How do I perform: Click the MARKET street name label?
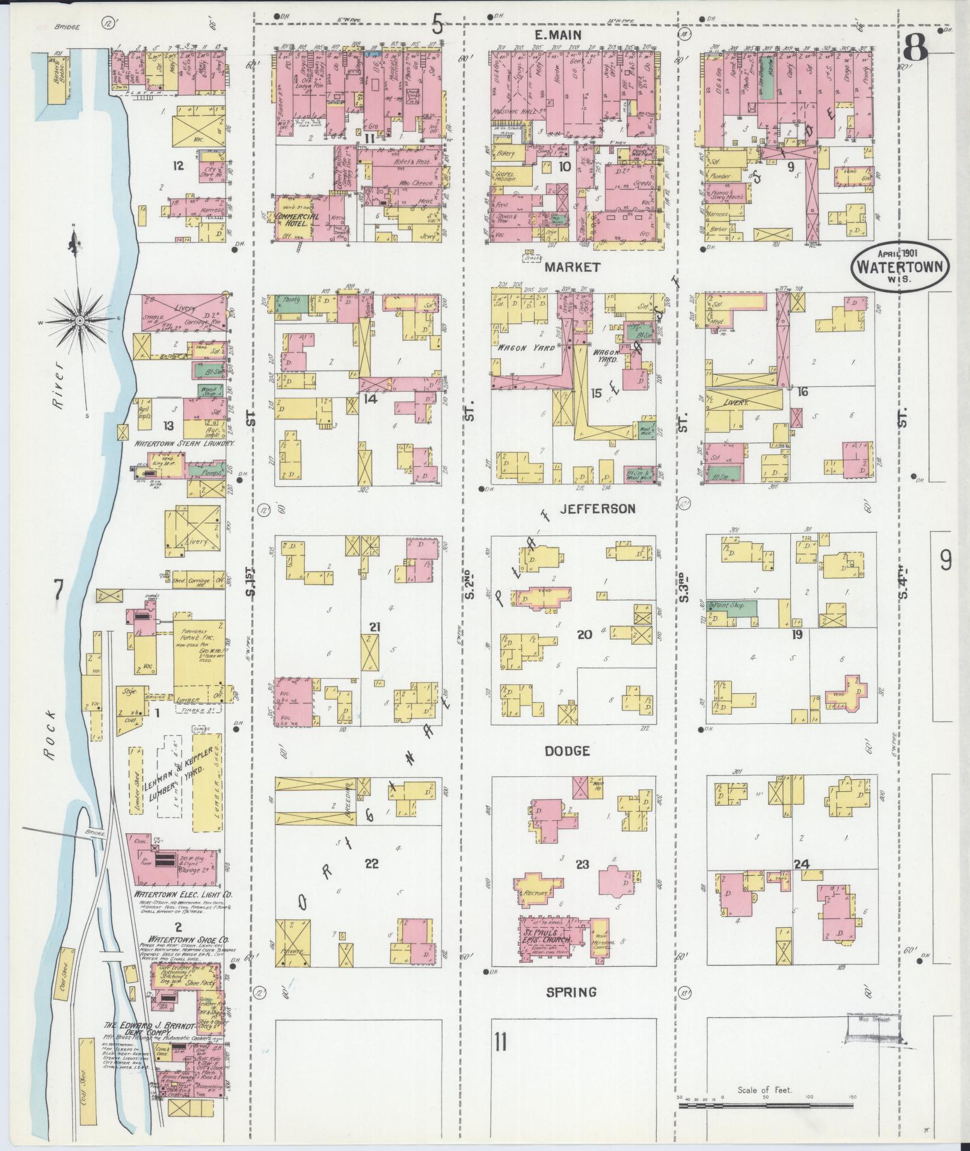pyautogui.click(x=572, y=267)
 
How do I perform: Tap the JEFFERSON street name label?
pyautogui.click(x=597, y=509)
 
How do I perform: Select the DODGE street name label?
pyautogui.click(x=567, y=751)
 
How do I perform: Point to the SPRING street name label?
pyautogui.click(x=571, y=992)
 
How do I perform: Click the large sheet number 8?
pyautogui.click(x=915, y=48)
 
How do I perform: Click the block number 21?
pyautogui.click(x=375, y=627)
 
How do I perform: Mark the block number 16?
pyautogui.click(x=802, y=392)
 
